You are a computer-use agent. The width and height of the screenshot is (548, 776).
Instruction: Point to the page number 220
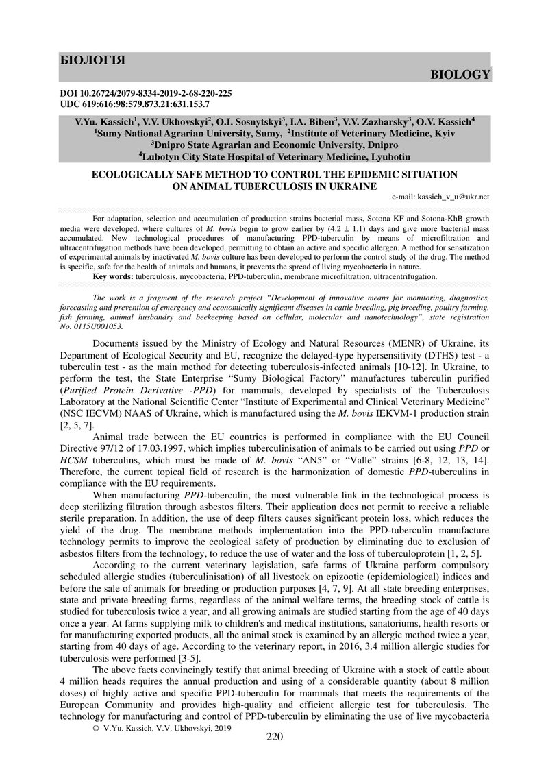274,757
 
